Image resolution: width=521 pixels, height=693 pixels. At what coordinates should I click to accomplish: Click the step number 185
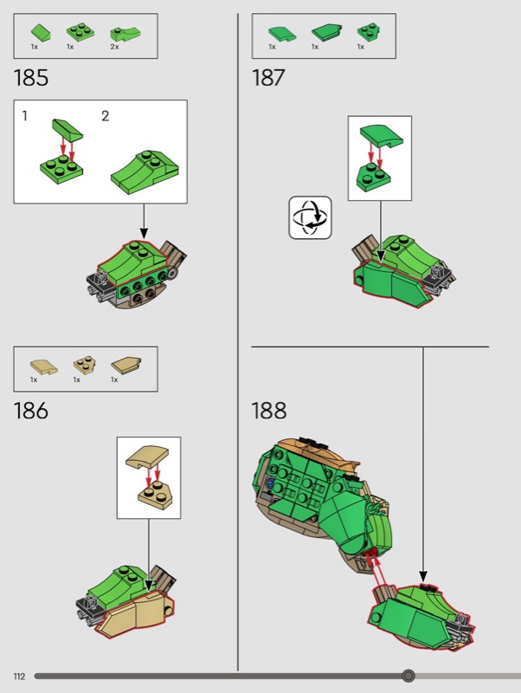point(31,78)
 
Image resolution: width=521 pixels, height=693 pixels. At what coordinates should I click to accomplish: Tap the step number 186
point(31,411)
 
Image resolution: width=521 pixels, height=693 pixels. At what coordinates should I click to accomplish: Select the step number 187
point(268,78)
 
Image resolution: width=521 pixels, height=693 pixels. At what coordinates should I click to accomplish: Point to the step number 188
point(269,411)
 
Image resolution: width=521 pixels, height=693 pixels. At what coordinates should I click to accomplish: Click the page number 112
point(19,677)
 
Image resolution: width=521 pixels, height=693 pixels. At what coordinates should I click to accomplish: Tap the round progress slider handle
point(408,676)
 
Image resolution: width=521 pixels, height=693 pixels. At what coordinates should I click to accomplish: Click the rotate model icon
point(310,217)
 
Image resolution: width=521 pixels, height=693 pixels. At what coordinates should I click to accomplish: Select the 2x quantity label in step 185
point(115,47)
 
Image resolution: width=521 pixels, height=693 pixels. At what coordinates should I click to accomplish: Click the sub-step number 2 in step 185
point(105,116)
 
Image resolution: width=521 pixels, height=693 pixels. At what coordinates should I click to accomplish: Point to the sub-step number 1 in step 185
point(25,116)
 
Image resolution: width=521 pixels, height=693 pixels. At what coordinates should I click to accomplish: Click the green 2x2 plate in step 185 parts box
point(80,32)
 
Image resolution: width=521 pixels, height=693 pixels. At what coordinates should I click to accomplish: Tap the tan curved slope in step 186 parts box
point(43,366)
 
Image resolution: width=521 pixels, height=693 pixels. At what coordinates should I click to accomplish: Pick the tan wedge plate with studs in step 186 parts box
point(83,365)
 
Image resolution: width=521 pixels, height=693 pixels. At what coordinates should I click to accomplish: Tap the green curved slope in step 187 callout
point(382,135)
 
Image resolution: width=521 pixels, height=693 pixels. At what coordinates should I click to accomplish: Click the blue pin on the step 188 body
point(271,483)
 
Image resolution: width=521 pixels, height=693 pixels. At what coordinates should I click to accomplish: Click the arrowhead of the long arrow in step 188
point(423,576)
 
